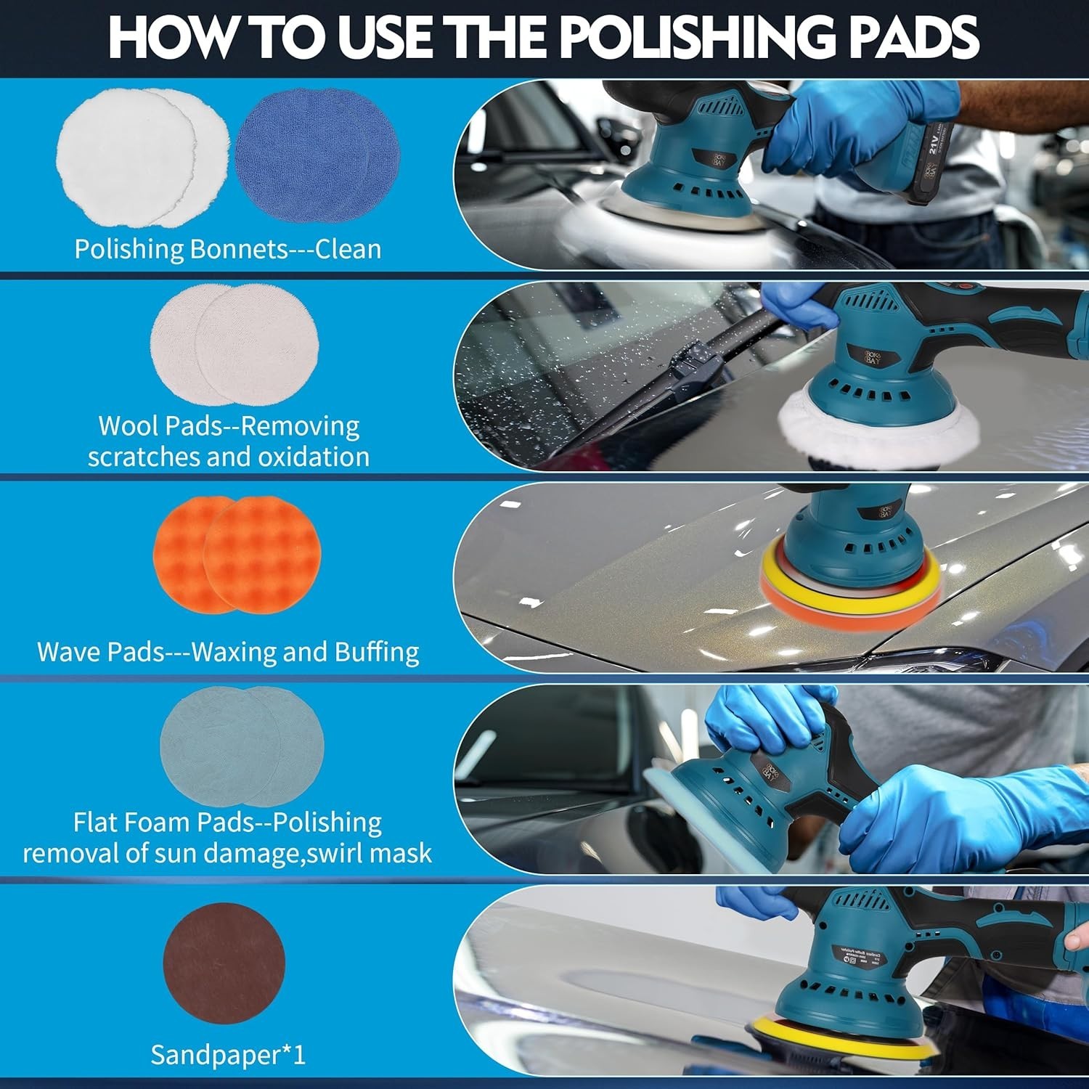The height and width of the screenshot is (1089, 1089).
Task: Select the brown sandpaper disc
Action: tap(224, 963)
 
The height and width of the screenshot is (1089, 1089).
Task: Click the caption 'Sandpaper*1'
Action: tap(228, 1055)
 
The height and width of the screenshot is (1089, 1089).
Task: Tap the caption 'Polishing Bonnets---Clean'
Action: tap(228, 249)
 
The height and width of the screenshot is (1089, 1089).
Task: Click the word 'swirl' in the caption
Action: tap(335, 853)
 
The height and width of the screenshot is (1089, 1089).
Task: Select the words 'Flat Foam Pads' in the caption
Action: tap(163, 822)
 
